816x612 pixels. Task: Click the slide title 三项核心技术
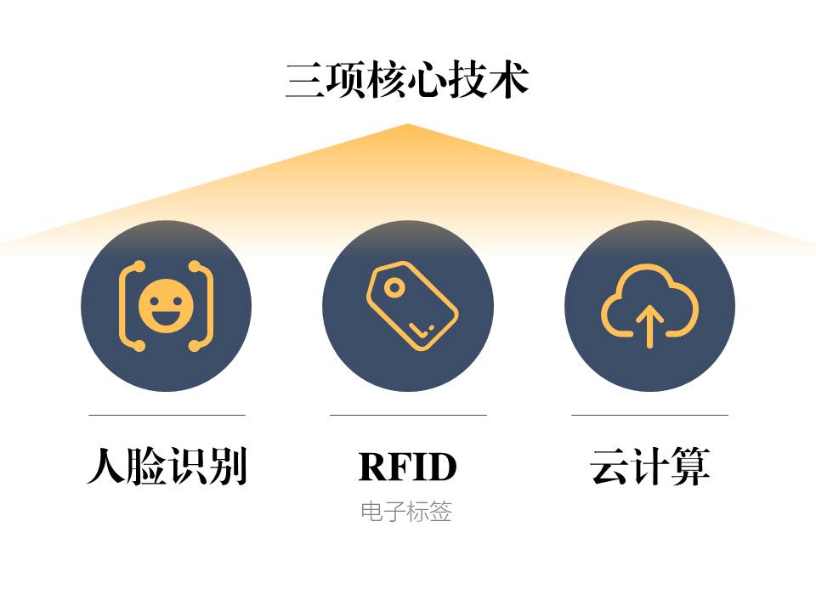pos(407,81)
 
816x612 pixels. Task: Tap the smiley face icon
pos(167,306)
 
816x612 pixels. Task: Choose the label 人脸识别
pos(167,467)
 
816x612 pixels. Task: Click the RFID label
pos(408,467)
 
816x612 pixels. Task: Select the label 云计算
pos(649,467)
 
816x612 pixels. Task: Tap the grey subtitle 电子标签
pos(406,512)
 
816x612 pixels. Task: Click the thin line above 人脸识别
pos(167,415)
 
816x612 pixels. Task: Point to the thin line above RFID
pos(408,415)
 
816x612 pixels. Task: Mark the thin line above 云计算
pos(649,415)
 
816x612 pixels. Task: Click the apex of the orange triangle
pos(407,126)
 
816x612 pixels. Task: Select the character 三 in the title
pos(304,81)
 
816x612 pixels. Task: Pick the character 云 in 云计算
pos(609,467)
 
